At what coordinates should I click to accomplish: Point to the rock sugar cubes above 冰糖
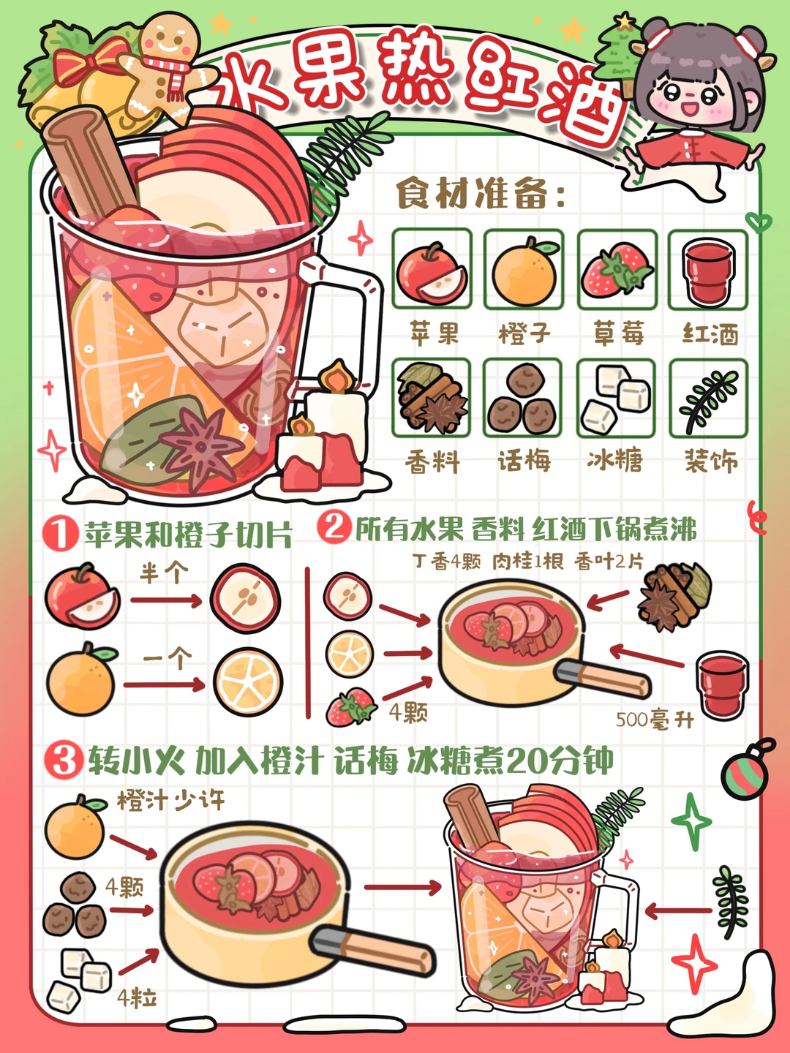(x=616, y=399)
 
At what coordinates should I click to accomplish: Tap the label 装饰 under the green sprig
(x=710, y=461)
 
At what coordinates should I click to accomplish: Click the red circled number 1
(x=60, y=533)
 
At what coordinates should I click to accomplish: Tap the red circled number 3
(x=62, y=760)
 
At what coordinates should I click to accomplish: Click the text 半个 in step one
(x=164, y=573)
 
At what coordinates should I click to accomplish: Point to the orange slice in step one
(x=247, y=682)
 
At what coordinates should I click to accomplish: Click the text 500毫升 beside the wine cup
(x=653, y=720)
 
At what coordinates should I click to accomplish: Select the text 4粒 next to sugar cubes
(x=137, y=997)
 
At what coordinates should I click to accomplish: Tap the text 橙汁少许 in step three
(x=170, y=800)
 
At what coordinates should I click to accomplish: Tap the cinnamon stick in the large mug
(x=88, y=165)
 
